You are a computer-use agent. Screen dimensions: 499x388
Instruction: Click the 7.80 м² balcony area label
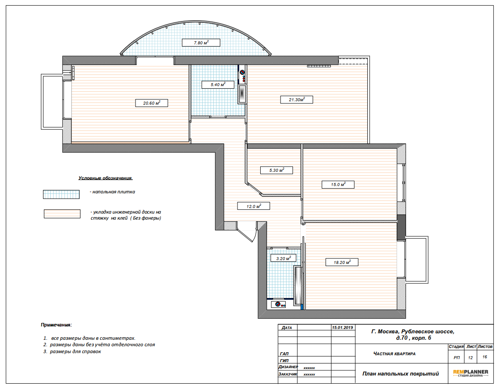201,43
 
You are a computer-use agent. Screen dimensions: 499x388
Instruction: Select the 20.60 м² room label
151,103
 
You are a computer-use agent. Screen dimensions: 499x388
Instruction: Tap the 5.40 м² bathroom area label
218,85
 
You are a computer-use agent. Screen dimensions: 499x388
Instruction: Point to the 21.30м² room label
296,100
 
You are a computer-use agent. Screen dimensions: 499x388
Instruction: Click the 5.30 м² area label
277,170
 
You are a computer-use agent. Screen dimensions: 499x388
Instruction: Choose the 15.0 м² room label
338,184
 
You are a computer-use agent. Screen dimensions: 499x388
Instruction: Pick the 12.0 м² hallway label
254,206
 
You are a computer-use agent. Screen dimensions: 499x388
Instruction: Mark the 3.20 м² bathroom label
283,258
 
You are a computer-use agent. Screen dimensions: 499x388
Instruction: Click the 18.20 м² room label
342,262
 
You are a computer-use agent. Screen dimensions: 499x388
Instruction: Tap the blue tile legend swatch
61,194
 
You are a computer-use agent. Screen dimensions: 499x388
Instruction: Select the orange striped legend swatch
62,214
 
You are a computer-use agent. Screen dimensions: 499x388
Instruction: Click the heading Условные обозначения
106,178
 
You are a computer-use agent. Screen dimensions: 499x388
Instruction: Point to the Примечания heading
56,325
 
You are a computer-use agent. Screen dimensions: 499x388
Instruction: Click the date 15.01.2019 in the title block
342,327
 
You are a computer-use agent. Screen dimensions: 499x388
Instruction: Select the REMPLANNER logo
470,373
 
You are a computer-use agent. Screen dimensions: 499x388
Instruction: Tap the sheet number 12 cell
470,358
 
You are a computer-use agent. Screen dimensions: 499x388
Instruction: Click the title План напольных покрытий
400,374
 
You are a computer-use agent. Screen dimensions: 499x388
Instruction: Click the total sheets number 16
485,357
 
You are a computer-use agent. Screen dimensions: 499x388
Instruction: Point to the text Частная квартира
394,354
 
